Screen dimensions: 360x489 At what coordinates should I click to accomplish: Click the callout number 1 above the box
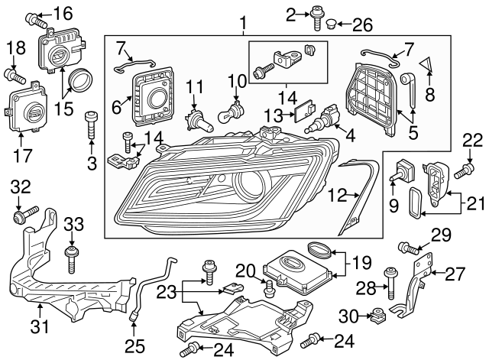[x=243, y=25]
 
